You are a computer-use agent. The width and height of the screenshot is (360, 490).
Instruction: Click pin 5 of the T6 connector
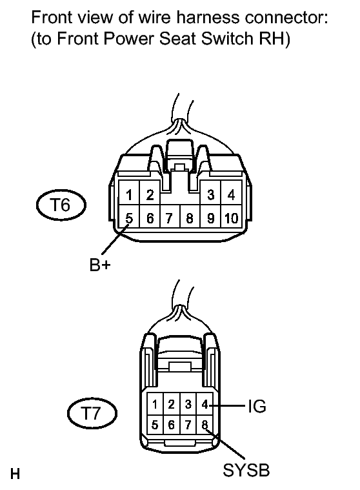pos(129,218)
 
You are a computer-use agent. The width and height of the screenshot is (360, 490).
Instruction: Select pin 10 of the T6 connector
pos(232,218)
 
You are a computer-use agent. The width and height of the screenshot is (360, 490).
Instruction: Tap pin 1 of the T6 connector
pos(129,195)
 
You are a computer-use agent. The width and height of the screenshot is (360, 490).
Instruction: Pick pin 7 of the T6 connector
pos(170,218)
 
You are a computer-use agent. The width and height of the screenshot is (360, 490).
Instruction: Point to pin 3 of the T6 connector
pos(211,195)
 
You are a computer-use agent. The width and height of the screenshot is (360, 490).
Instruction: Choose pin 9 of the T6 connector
pos(211,218)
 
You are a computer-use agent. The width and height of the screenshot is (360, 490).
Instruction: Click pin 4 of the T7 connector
pos(205,405)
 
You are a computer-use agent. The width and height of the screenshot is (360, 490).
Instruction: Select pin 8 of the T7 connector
pos(205,425)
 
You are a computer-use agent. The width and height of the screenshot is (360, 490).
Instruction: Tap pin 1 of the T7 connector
pos(155,405)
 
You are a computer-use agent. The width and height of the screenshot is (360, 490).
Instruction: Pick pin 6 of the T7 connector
pos(171,425)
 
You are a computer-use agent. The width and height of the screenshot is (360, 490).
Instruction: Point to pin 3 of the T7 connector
pos(188,405)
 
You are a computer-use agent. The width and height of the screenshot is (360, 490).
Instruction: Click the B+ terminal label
pos(100,265)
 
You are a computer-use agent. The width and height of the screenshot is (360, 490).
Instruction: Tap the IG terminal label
pos(257,407)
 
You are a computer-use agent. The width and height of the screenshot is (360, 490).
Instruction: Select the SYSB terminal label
pos(246,470)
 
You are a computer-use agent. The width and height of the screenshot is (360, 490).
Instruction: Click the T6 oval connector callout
pos(61,205)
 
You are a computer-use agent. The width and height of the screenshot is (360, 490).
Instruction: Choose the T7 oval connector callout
pos(92,413)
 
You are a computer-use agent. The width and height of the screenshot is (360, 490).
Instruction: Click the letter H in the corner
pos(15,474)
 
